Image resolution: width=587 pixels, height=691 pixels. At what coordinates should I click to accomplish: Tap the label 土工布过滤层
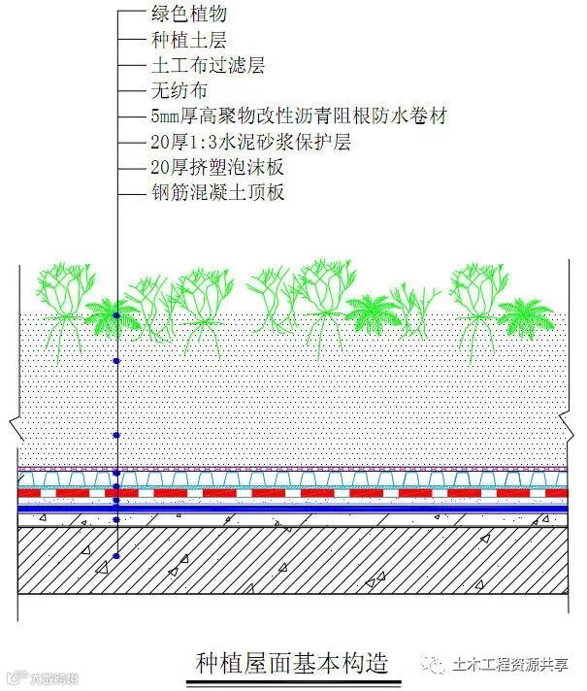(x=208, y=66)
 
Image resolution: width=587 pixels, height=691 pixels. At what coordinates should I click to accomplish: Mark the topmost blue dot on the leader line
(x=115, y=316)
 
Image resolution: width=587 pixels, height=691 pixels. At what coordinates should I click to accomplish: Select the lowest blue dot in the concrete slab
(x=115, y=556)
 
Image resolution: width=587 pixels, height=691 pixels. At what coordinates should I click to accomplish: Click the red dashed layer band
(x=291, y=493)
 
